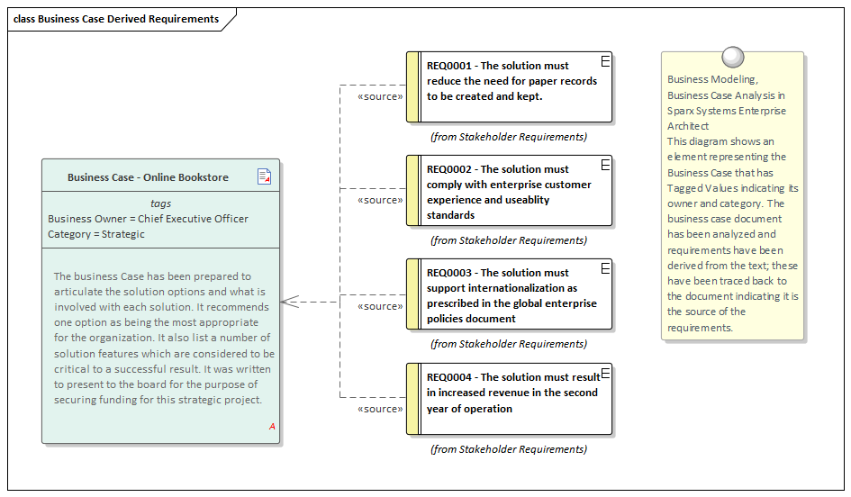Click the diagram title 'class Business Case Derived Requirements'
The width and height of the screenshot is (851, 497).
[116, 19]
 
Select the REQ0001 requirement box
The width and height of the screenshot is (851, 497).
[511, 87]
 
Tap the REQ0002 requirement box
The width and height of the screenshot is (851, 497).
[511, 191]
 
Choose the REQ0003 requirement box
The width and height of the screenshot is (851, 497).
[511, 294]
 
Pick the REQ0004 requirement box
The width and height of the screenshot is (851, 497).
[511, 399]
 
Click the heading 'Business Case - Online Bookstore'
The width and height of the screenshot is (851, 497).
[148, 177]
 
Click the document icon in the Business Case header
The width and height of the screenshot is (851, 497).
[264, 176]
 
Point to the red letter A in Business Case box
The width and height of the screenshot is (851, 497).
[272, 426]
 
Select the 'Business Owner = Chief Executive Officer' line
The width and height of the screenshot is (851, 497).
[148, 219]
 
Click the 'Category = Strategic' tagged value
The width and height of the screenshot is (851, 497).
[96, 234]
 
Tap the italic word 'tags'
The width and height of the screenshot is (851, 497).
[160, 203]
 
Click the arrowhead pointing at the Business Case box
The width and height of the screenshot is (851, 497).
[289, 302]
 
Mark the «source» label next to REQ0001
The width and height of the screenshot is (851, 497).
[380, 96]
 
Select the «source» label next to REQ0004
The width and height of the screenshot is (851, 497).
[380, 409]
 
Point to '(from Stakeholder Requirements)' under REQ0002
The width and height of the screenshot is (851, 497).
[509, 240]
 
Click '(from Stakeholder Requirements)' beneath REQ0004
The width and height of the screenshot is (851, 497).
[509, 449]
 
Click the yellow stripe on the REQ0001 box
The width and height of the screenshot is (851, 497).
[412, 87]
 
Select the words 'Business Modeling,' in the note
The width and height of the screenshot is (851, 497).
[711, 80]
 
